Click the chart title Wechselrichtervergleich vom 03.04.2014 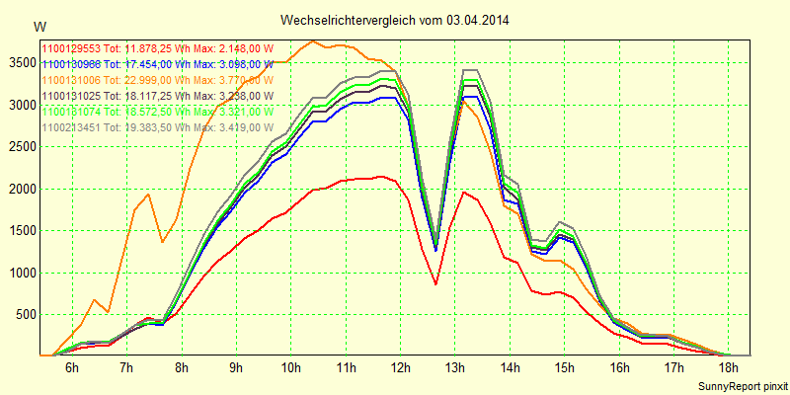(395, 20)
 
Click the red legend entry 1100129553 (155, 47)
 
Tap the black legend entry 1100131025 (155, 95)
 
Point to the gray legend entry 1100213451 (155, 126)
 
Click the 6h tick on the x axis (71, 367)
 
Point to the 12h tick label (400, 367)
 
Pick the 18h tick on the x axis (728, 367)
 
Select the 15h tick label (564, 367)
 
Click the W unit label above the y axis (39, 25)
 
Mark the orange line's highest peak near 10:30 (313, 41)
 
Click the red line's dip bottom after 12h (435, 284)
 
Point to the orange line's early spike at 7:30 (148, 195)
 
